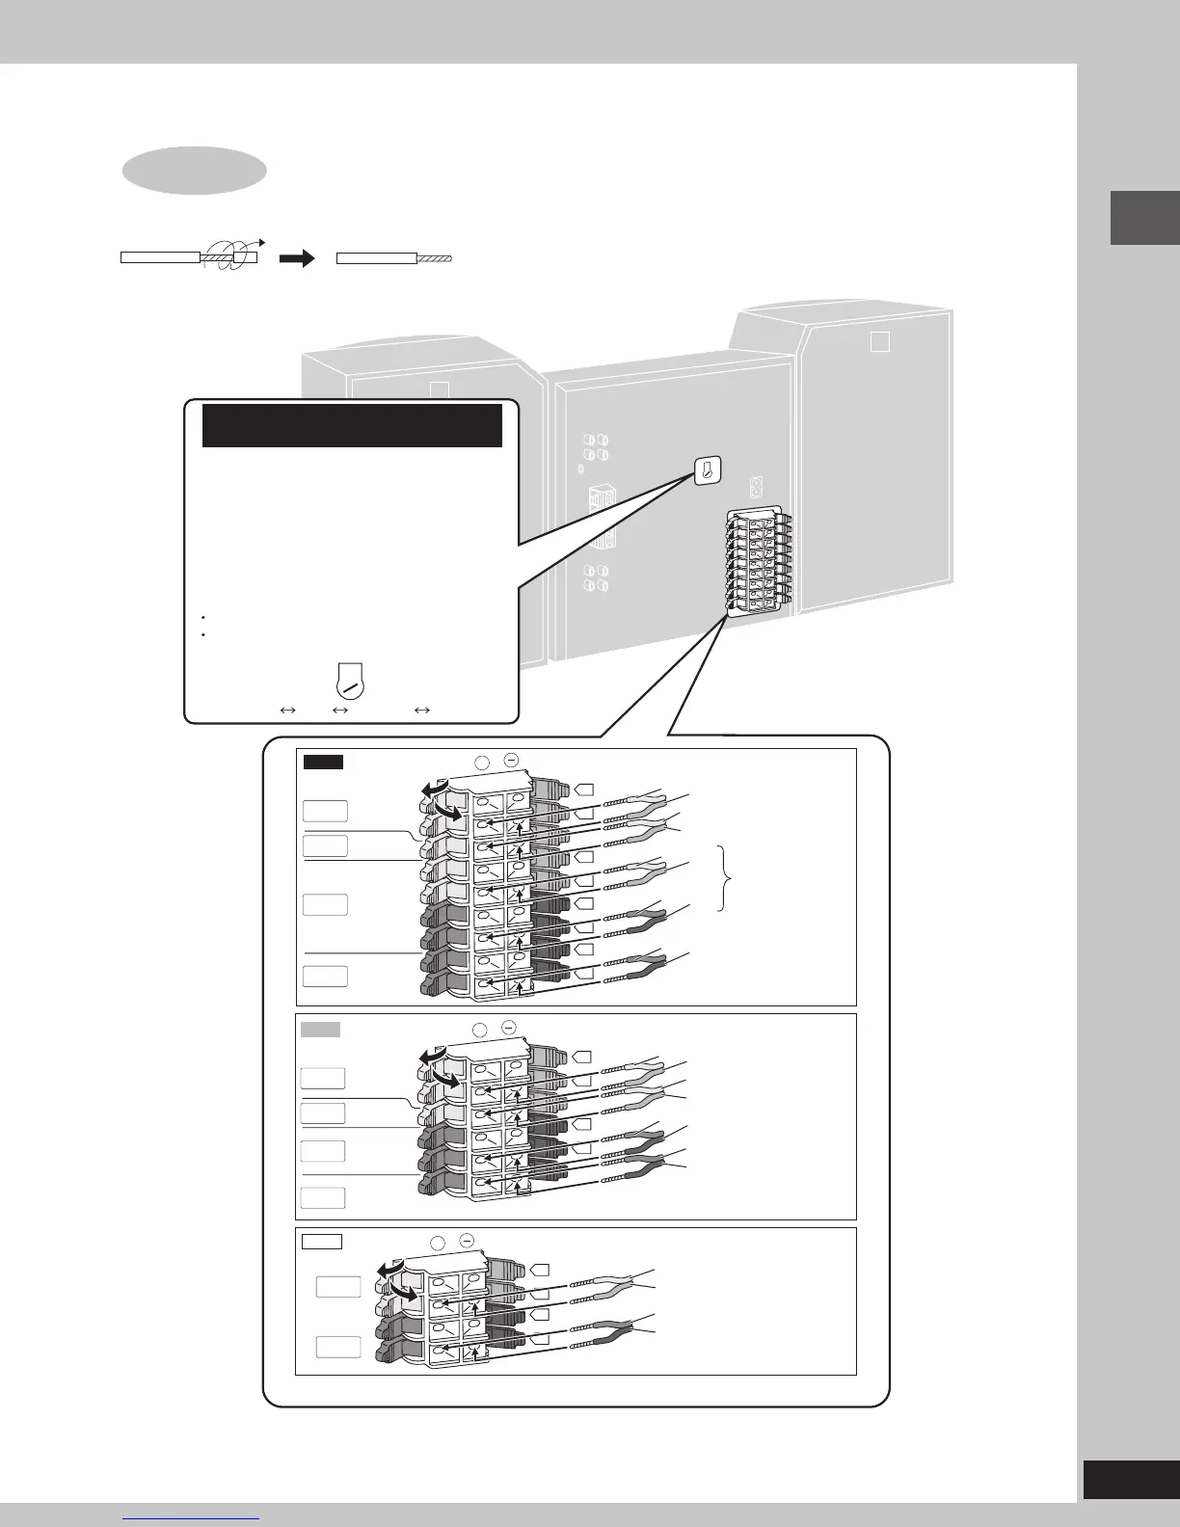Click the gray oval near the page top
194,171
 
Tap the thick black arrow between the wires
298,258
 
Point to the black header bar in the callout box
352,425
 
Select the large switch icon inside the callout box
348,679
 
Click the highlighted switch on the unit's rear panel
707,471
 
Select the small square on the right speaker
879,342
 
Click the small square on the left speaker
440,391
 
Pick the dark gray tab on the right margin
1145,218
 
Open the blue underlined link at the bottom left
193,1516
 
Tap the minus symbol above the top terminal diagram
510,761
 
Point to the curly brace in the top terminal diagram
727,877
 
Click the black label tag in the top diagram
323,763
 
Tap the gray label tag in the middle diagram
320,1030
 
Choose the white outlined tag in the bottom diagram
321,1241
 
